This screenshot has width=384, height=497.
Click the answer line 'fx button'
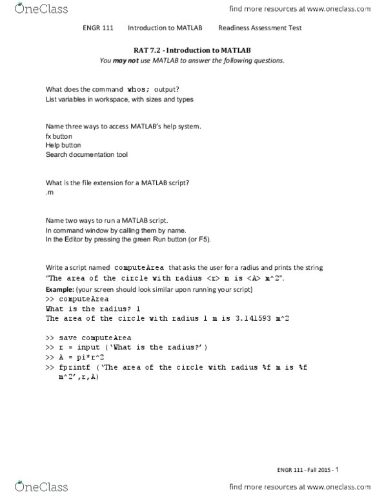[59, 137]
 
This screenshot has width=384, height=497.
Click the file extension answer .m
[50, 193]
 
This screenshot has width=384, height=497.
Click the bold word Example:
[59, 290]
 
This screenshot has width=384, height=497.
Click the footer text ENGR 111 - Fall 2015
[299, 470]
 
